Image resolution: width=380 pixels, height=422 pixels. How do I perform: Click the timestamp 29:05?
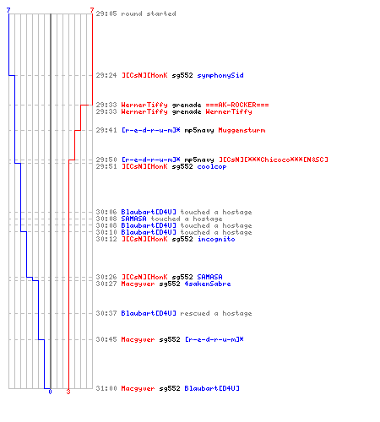click(x=106, y=14)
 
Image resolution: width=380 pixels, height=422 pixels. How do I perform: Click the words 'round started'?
click(x=149, y=14)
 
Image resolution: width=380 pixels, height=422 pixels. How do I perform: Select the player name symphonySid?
click(x=220, y=76)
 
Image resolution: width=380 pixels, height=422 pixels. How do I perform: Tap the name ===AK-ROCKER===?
click(x=237, y=105)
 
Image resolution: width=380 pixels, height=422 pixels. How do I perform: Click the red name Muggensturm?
click(x=242, y=130)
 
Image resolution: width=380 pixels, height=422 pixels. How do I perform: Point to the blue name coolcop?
click(x=212, y=167)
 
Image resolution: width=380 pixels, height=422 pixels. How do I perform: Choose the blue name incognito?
click(x=216, y=239)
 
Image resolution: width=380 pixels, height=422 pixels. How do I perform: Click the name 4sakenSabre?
click(x=208, y=284)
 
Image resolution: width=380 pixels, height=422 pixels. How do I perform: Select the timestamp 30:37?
click(x=106, y=313)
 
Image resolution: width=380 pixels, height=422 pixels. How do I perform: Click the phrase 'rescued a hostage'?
click(x=216, y=313)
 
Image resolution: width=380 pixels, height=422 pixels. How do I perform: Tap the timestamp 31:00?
click(x=106, y=388)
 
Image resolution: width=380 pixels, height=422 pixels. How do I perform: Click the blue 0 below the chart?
click(x=50, y=392)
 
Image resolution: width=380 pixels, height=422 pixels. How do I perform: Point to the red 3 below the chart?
click(x=68, y=392)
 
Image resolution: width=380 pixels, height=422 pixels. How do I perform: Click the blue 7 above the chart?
click(x=8, y=10)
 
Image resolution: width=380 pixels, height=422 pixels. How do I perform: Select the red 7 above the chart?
click(x=92, y=10)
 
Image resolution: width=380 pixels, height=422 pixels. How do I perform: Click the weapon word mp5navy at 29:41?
click(x=199, y=131)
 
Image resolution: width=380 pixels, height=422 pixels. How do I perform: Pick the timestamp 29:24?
click(x=106, y=75)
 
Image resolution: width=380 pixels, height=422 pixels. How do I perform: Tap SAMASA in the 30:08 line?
click(x=133, y=219)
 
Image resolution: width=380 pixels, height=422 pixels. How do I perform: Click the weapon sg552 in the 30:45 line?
click(x=170, y=340)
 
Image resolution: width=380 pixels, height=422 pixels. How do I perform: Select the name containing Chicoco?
click(x=274, y=160)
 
